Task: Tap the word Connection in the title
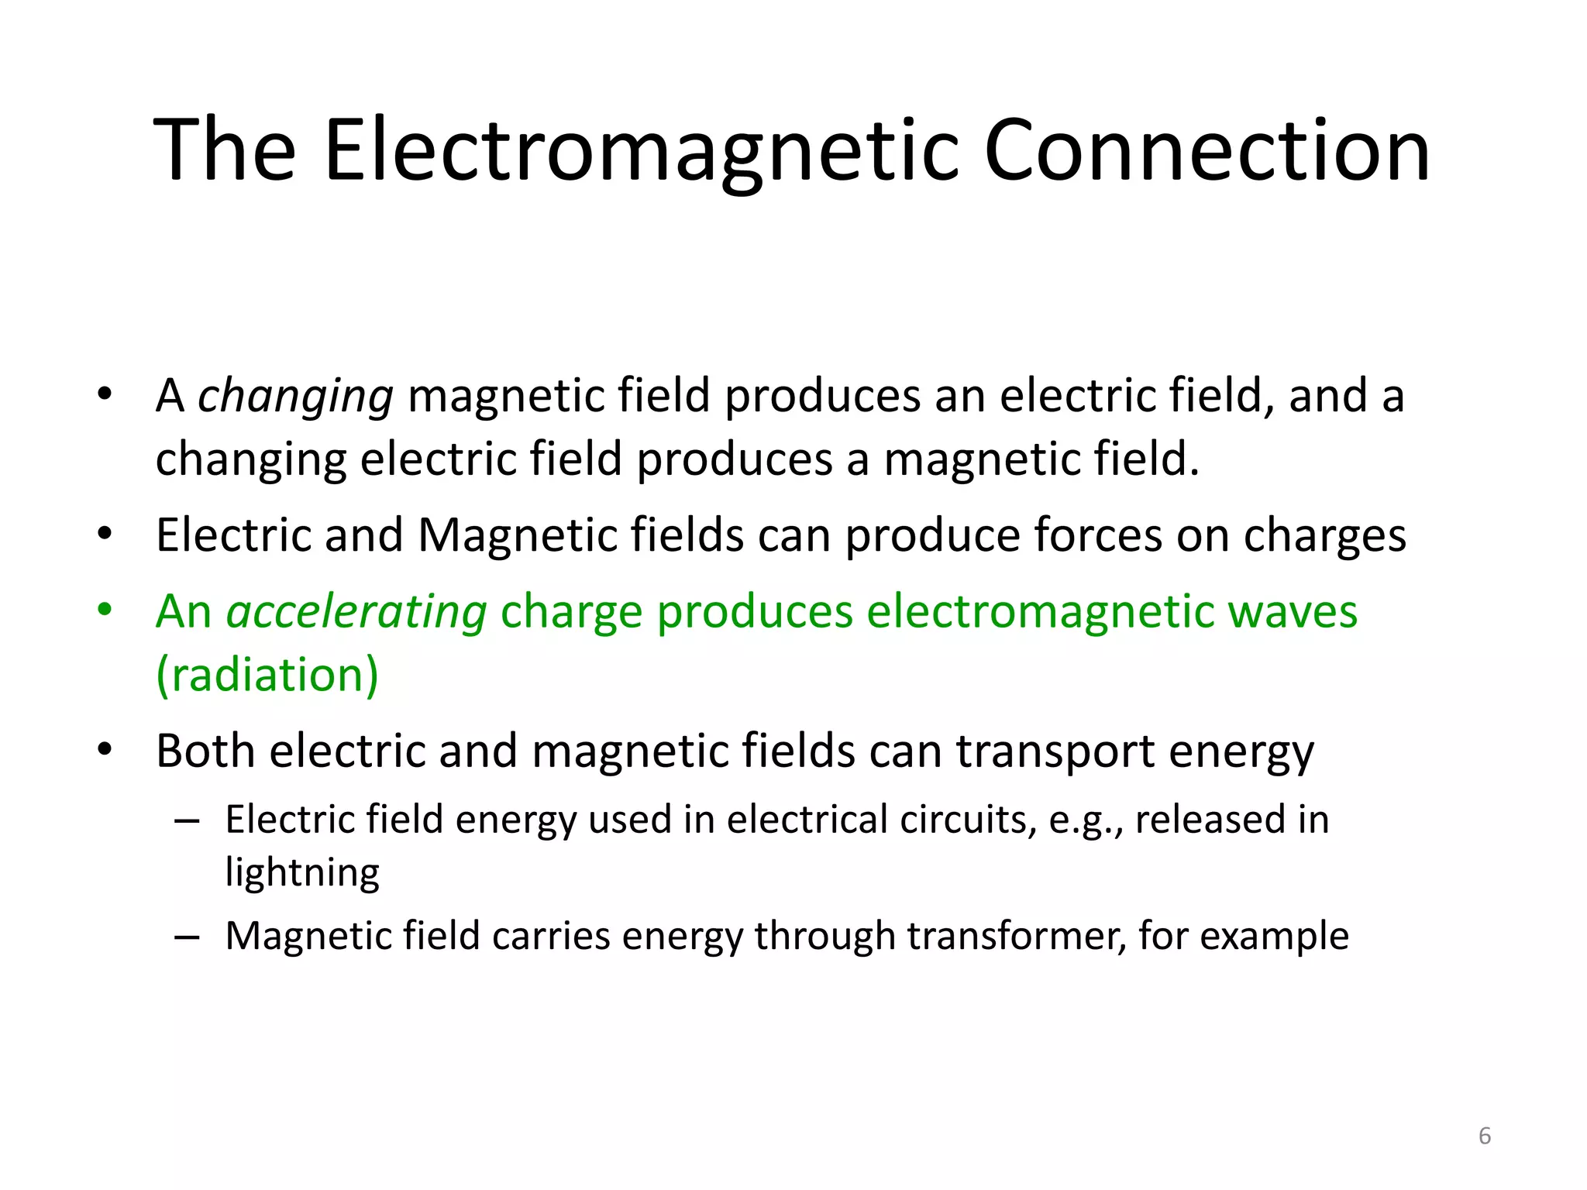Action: pos(1206,151)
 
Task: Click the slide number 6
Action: pos(1485,1136)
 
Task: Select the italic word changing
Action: pos(295,397)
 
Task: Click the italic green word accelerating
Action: pos(356,612)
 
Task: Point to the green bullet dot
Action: pos(105,610)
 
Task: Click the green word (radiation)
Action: pos(267,675)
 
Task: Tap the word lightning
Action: pos(302,873)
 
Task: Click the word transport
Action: pos(1055,752)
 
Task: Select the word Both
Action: pos(205,751)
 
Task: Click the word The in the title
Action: pos(225,151)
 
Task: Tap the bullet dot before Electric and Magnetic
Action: pos(105,534)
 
